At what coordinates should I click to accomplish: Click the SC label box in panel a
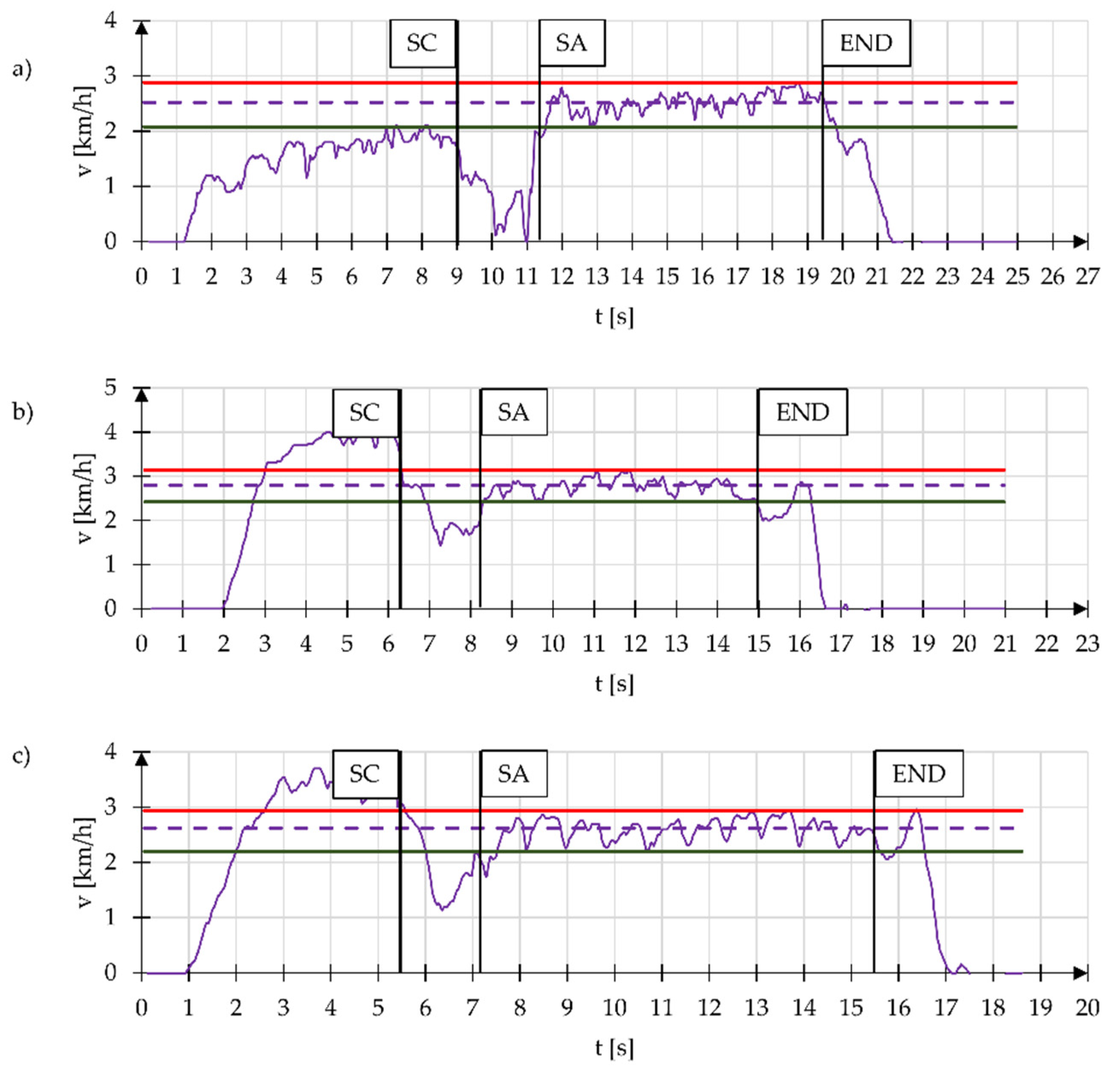[x=422, y=44]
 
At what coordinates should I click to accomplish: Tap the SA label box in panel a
[x=571, y=44]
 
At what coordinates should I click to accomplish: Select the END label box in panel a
[x=866, y=44]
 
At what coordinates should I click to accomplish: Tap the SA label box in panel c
[x=513, y=774]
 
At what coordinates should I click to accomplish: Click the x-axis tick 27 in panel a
[x=1087, y=277]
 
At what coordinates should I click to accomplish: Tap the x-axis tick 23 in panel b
[x=1087, y=644]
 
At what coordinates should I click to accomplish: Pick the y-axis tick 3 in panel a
[x=110, y=76]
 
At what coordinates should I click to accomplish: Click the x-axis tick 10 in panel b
[x=553, y=644]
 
